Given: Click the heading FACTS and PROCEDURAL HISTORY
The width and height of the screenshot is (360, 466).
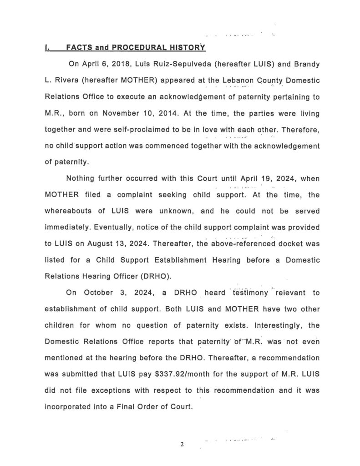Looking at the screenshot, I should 136,47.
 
